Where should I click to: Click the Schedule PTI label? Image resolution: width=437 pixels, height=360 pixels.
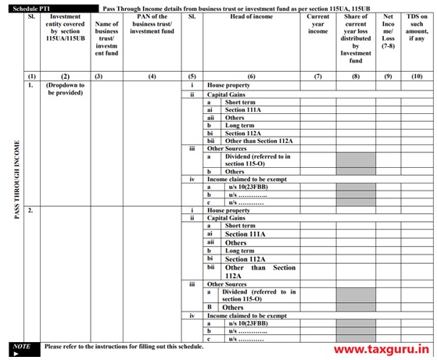point(32,7)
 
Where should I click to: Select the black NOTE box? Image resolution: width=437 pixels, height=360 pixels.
point(23,348)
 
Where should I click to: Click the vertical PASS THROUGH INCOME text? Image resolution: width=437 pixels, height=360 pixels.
point(17,180)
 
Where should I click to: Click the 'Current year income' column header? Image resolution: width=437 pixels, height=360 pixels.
point(318,23)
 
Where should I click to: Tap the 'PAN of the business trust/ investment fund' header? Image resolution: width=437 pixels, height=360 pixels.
point(152,23)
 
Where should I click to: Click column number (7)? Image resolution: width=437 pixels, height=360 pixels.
point(318,76)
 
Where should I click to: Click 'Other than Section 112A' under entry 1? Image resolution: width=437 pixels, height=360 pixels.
point(259,141)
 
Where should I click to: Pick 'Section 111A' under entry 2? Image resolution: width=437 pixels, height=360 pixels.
point(245,234)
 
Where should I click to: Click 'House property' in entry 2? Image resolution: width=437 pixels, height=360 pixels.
point(228,211)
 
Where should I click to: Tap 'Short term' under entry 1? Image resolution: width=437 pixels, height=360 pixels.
point(240,102)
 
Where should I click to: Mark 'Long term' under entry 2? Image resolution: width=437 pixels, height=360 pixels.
point(240,251)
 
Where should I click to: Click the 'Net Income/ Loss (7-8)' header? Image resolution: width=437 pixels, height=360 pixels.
point(389,28)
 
